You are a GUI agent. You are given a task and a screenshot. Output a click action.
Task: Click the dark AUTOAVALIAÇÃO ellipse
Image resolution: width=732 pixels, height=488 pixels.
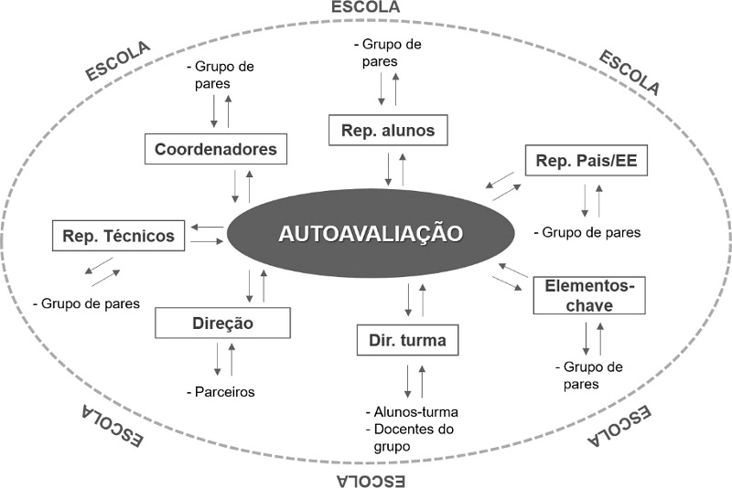[x=370, y=233]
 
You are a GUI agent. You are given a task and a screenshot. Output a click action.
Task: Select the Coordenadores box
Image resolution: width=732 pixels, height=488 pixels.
[x=216, y=148]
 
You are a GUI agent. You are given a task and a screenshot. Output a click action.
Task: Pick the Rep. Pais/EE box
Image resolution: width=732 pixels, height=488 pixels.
[x=587, y=162]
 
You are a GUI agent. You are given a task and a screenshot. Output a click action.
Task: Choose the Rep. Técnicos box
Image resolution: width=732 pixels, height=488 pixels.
[x=119, y=236]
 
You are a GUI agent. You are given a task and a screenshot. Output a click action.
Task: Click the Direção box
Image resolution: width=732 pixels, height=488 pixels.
[x=223, y=323]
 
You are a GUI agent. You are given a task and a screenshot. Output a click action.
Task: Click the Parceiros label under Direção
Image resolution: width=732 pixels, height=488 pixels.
[x=224, y=392]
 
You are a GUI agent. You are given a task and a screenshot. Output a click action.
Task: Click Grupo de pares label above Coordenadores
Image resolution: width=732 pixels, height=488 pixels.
[x=220, y=75]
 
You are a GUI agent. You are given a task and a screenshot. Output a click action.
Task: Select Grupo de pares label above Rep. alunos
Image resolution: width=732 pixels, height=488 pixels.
[x=388, y=52]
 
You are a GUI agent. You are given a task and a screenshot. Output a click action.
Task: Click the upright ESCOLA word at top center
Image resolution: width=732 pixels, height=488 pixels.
[x=368, y=7]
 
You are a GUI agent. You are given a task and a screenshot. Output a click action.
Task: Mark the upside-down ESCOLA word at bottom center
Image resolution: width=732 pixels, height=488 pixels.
[x=368, y=480]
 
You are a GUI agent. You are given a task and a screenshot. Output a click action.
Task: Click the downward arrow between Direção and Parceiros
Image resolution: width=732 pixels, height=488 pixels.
[x=218, y=357]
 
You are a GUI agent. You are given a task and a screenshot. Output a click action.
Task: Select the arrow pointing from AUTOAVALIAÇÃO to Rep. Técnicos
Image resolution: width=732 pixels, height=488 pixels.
[x=210, y=227]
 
